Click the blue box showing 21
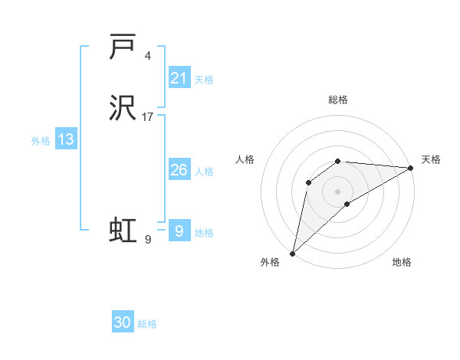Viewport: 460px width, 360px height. click(x=179, y=78)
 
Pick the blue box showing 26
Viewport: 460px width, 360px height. click(x=179, y=170)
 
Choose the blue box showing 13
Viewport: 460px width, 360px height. click(x=66, y=139)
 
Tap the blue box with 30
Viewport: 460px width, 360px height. click(x=123, y=322)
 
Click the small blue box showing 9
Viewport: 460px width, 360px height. click(x=179, y=230)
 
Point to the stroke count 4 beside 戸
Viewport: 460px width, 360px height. click(x=147, y=56)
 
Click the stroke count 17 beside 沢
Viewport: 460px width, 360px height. click(x=147, y=117)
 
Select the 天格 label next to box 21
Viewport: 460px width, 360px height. click(x=204, y=80)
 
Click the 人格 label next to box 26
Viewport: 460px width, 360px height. click(x=204, y=172)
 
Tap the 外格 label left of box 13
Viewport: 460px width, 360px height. click(x=41, y=141)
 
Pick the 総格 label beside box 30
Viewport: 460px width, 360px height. click(x=147, y=324)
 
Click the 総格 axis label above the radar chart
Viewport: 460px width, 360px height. click(x=338, y=100)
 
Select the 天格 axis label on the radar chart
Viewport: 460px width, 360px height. click(x=431, y=159)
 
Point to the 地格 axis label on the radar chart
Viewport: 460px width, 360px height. click(x=402, y=263)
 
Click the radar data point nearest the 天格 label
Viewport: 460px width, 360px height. click(x=412, y=168)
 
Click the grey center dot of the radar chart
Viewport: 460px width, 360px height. click(x=338, y=191)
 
